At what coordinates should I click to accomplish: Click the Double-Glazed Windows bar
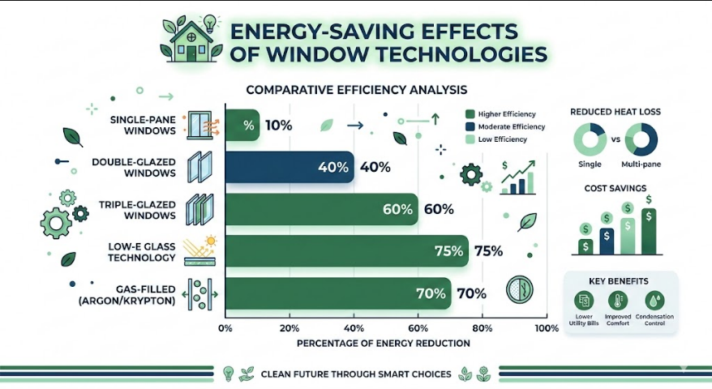click(290, 167)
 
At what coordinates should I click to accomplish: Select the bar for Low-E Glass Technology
click(347, 251)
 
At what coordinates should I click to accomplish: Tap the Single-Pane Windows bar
click(242, 125)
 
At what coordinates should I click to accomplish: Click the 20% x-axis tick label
click(290, 328)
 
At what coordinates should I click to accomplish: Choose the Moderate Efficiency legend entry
click(505, 126)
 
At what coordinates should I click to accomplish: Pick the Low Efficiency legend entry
click(496, 139)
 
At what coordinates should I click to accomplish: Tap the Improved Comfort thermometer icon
click(618, 300)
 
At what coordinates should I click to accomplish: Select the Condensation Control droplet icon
click(654, 300)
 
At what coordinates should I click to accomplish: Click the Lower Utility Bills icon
click(584, 300)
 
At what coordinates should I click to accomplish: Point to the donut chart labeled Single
click(590, 139)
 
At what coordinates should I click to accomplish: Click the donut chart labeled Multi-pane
click(641, 139)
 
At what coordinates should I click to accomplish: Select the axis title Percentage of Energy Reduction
click(384, 344)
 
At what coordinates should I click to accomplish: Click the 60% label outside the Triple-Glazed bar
click(439, 209)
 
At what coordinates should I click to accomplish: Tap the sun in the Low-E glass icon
click(210, 241)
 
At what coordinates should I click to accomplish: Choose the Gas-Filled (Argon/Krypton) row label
click(127, 295)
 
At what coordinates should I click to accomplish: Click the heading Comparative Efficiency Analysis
click(357, 90)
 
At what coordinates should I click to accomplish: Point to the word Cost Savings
click(615, 188)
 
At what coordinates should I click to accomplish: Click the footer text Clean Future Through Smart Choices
click(356, 374)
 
